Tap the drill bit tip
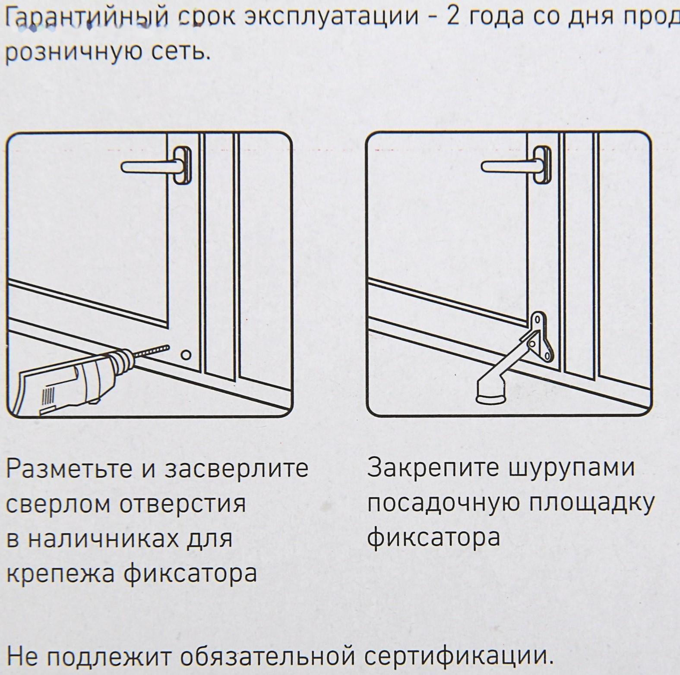[x=166, y=347]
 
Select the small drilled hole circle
[x=186, y=355]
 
